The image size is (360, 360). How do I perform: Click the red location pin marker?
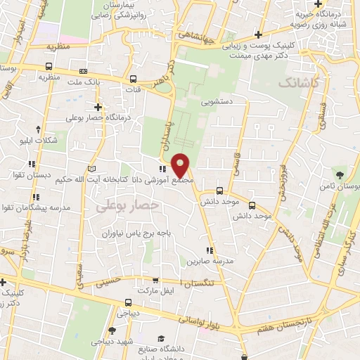click(x=181, y=165)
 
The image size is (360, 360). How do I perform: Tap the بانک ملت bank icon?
click(x=84, y=71)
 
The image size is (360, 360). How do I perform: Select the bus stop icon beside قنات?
click(x=134, y=79)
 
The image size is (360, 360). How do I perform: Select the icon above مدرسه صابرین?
click(x=209, y=250)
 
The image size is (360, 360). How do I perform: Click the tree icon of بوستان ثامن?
click(x=341, y=174)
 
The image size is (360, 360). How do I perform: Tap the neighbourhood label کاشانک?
click(x=299, y=84)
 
